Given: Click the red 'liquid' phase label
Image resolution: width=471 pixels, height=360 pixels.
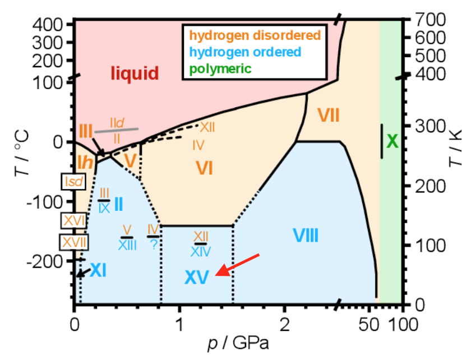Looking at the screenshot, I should click(135, 73).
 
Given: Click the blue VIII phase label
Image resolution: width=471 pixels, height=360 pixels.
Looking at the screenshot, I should click(306, 236).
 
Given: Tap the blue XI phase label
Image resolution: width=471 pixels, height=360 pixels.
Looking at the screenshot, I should click(98, 271).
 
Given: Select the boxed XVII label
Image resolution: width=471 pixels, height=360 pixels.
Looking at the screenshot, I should click(73, 242).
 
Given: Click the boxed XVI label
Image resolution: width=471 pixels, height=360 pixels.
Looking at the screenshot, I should click(73, 220).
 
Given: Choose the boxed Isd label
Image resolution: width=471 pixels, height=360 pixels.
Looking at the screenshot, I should click(73, 181).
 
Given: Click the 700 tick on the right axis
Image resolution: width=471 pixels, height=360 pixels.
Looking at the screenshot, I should click(431, 20).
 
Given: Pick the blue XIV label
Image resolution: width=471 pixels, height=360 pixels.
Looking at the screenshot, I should click(201, 252).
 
